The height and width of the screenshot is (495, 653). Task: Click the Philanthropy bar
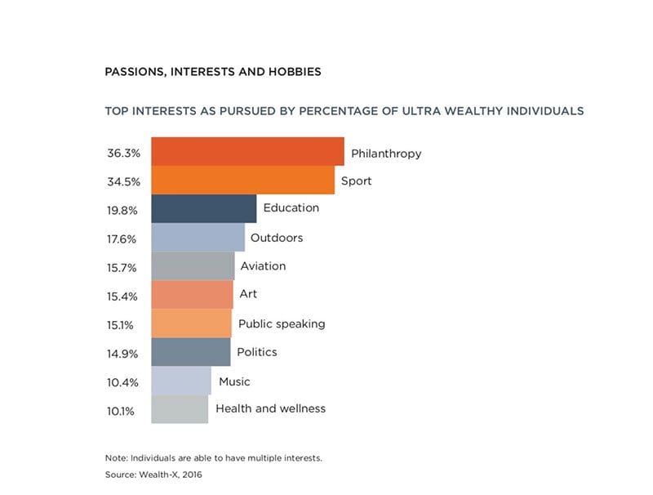[247, 152]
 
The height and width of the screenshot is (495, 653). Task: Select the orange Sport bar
[242, 181]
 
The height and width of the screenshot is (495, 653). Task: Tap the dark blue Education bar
[204, 209]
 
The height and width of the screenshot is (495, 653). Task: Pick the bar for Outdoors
[198, 238]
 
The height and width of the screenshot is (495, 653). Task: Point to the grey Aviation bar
[193, 266]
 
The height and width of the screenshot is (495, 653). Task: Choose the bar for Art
[192, 295]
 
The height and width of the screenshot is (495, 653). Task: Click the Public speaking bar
[191, 323]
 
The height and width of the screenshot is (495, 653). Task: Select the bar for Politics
[190, 352]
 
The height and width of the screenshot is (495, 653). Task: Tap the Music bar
[181, 381]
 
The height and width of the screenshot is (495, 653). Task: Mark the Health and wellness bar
[180, 409]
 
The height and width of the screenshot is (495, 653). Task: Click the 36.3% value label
[122, 154]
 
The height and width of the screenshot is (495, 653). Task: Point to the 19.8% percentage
[122, 210]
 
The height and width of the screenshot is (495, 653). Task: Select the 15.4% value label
[122, 296]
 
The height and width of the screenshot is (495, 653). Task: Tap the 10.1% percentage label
[121, 410]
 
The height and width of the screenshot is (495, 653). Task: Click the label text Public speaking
[282, 323]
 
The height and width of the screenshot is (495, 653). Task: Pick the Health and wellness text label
[270, 408]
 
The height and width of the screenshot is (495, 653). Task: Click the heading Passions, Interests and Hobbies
[212, 72]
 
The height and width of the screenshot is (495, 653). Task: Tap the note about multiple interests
[213, 457]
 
